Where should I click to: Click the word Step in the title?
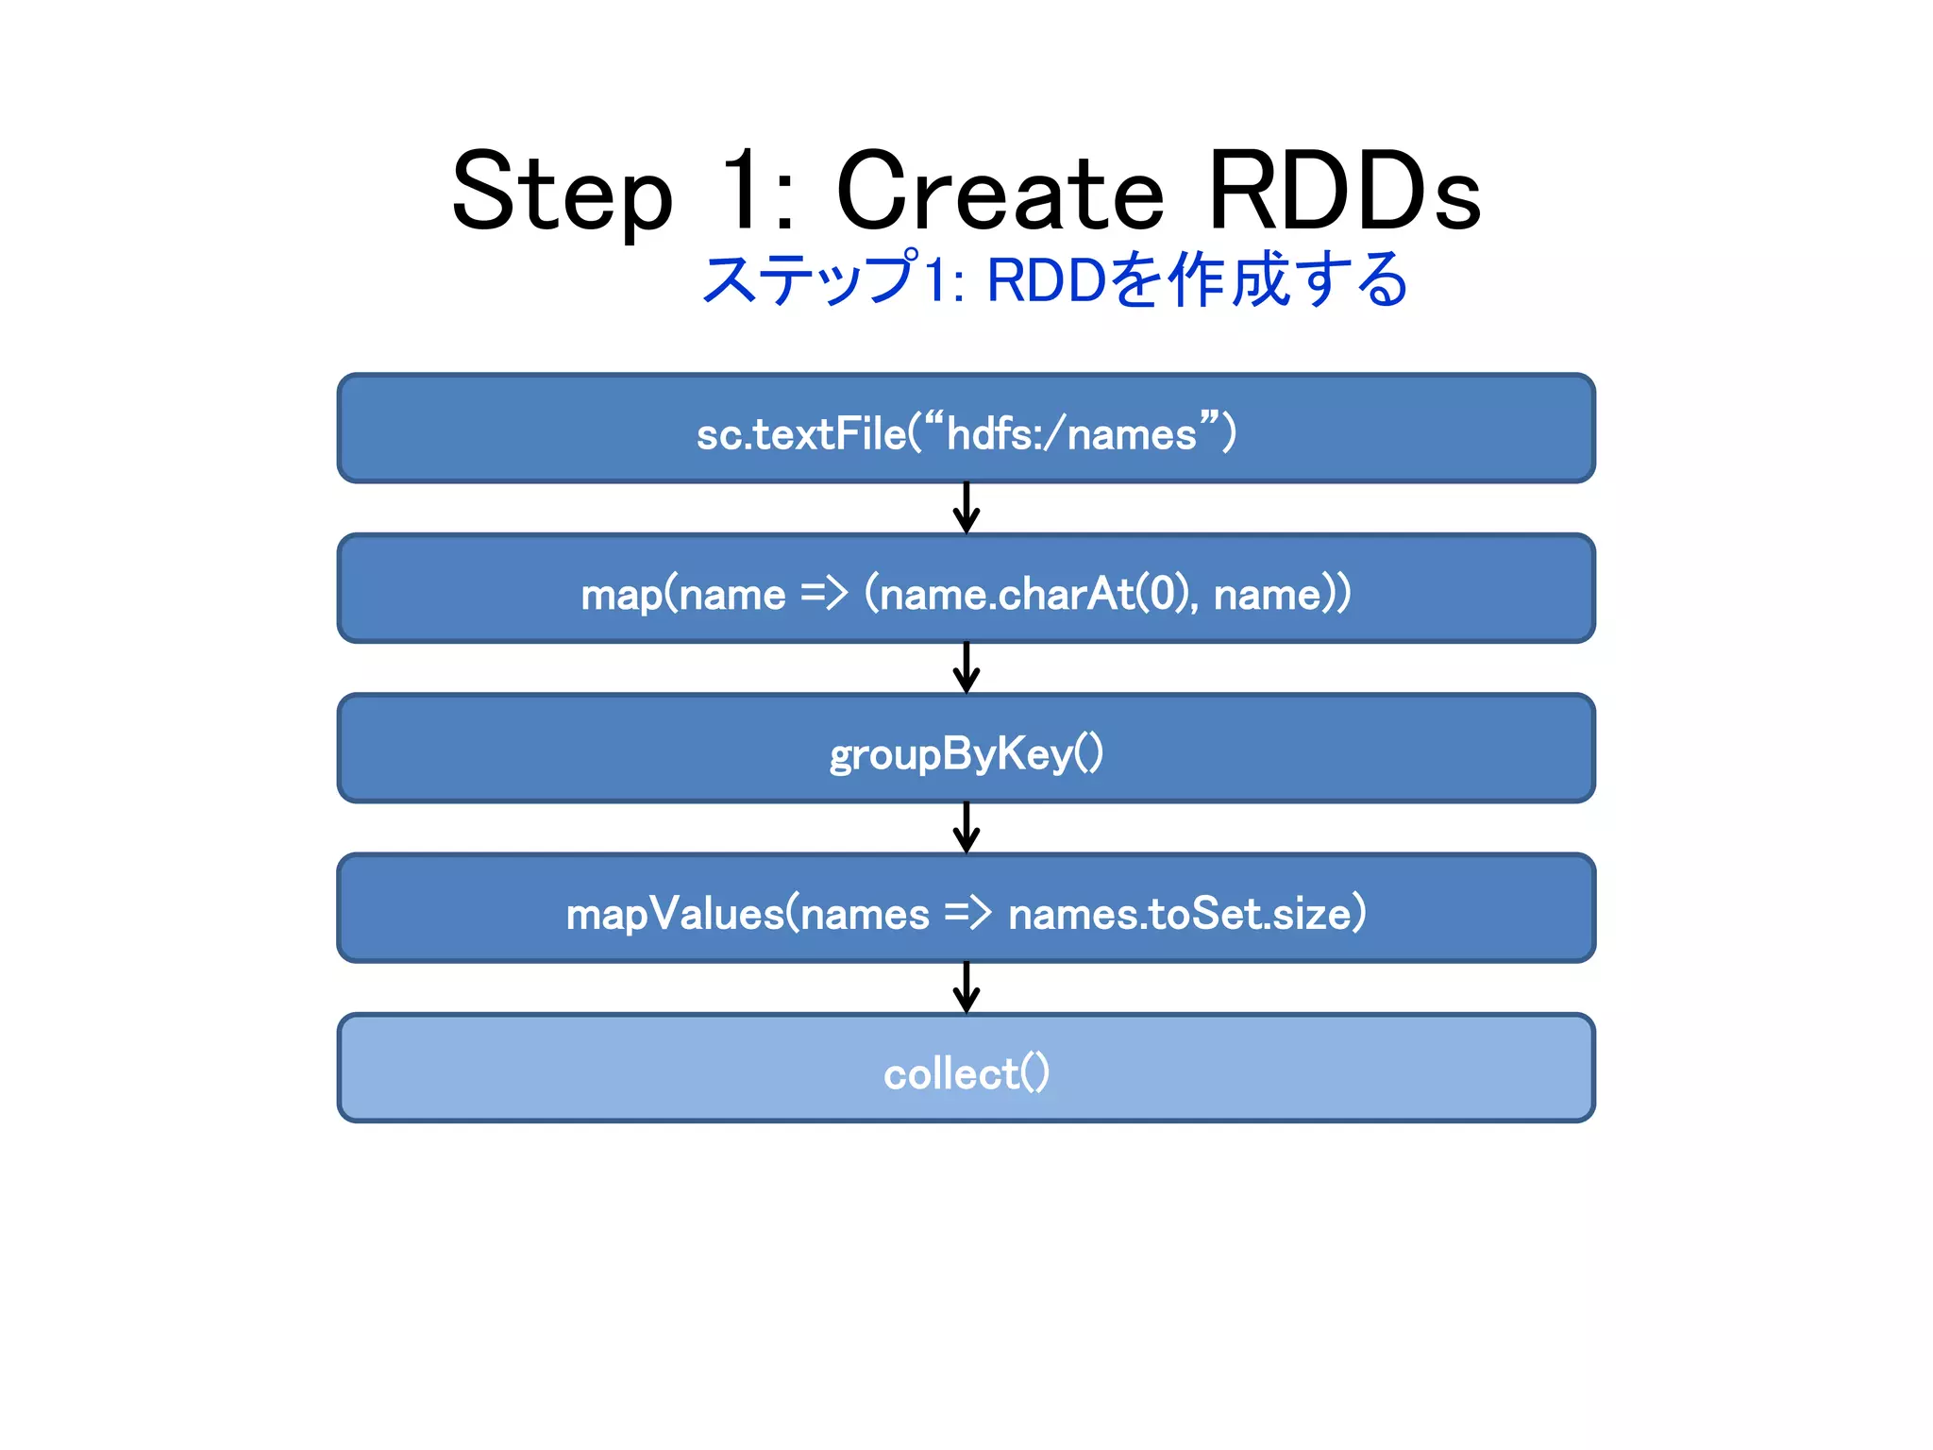tap(563, 194)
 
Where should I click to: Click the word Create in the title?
tap(1000, 194)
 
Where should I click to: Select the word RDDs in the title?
tap(1344, 194)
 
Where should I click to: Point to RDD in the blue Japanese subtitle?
tap(1046, 280)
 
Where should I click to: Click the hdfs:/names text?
tap(1071, 434)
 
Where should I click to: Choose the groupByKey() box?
tap(966, 750)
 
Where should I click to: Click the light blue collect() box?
tap(966, 1069)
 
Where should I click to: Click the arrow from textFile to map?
tap(966, 509)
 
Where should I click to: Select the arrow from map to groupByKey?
tap(966, 668)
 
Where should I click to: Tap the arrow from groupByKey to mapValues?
tap(966, 828)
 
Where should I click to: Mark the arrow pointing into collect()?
tap(966, 987)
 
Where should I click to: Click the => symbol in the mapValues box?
tap(967, 913)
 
